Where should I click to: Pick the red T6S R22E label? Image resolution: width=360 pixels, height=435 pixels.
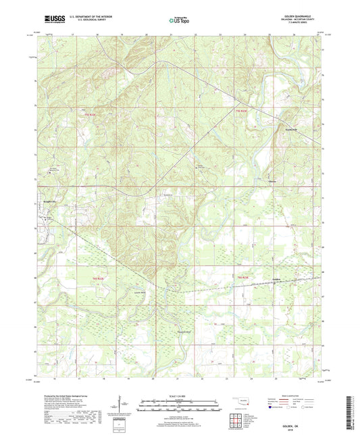(x=97, y=278)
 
